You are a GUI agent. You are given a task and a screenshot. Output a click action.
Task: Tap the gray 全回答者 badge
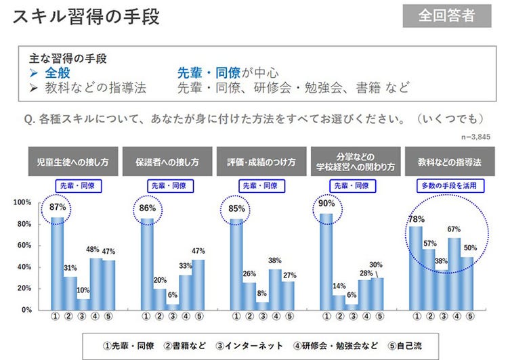(x=446, y=16)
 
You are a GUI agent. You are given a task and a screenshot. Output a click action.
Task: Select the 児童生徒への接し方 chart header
(x=73, y=162)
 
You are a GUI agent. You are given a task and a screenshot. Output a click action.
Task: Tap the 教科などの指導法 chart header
(x=445, y=162)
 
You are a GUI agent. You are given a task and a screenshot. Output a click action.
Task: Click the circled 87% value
(x=57, y=207)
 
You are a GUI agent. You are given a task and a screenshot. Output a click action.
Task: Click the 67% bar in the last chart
(x=454, y=273)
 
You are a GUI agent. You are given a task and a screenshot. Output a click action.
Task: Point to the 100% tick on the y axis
(x=23, y=202)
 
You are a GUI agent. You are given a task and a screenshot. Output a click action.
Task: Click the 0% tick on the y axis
(x=26, y=310)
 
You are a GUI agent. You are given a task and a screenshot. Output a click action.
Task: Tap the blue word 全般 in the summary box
(x=58, y=73)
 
